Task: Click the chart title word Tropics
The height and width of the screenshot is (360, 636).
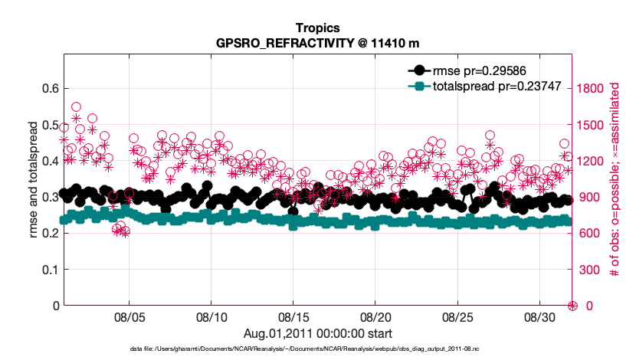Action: click(x=317, y=28)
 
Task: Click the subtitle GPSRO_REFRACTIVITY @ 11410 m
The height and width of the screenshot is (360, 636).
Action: click(x=317, y=43)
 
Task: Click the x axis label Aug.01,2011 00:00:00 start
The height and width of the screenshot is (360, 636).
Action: click(x=317, y=333)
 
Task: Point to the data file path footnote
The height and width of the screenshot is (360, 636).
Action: click(x=317, y=349)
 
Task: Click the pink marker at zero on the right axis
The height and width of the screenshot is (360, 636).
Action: click(x=572, y=306)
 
